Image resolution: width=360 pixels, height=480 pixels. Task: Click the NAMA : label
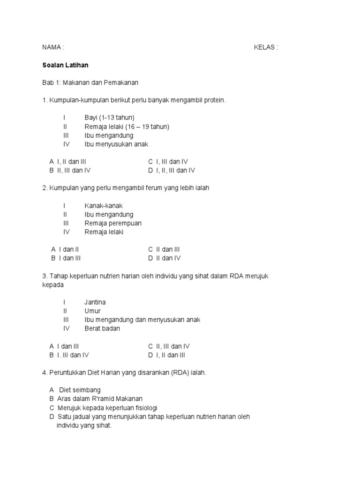click(x=53, y=47)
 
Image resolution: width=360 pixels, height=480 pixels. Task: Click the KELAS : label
click(x=266, y=47)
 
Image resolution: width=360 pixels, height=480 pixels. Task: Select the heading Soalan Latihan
click(x=65, y=65)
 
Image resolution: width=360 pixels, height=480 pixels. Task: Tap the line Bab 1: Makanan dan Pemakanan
click(x=90, y=82)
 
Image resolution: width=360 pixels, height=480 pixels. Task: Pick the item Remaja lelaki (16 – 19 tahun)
click(x=127, y=127)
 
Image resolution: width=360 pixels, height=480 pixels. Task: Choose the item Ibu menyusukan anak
click(x=116, y=144)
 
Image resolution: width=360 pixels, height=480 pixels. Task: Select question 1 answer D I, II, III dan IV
click(x=172, y=171)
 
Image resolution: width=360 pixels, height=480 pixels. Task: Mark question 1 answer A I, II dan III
click(x=68, y=162)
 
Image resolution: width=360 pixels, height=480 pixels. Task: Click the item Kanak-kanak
click(x=104, y=206)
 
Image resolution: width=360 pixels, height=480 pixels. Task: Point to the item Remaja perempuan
click(x=113, y=223)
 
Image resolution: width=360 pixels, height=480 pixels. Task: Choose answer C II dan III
click(x=164, y=249)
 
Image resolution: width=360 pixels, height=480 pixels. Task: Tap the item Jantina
click(x=95, y=302)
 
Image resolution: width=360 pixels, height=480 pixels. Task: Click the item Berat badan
click(x=102, y=329)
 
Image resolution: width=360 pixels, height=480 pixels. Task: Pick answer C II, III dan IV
click(x=169, y=346)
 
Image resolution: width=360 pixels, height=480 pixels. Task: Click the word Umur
click(x=93, y=311)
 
